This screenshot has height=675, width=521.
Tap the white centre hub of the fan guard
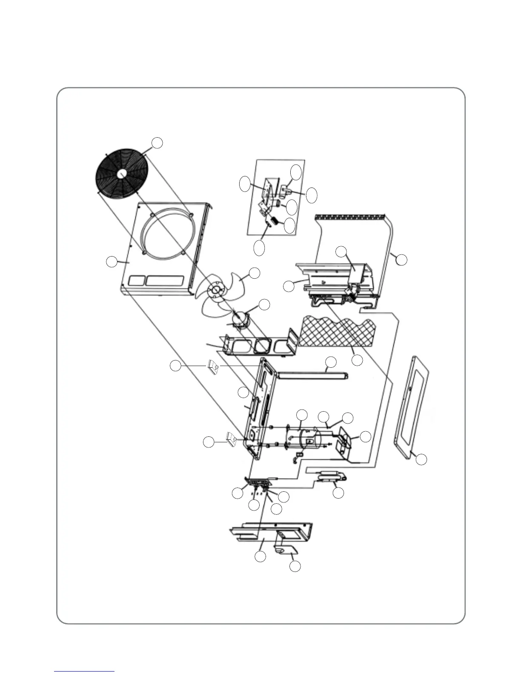tap(121, 173)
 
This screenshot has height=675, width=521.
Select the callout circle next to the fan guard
tap(157, 143)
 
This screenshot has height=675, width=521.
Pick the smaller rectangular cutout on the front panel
tap(136, 281)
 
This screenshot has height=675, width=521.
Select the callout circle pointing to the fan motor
tap(264, 304)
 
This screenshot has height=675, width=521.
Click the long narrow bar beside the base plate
tap(313, 375)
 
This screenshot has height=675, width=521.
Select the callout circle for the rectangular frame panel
tap(421, 459)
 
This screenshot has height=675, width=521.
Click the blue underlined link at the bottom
tap(84, 671)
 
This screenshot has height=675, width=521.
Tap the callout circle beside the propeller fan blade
tap(254, 274)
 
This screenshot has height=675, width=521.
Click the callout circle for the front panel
tap(112, 262)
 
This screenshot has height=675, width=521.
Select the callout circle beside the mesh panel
tap(358, 360)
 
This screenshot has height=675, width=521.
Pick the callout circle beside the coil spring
tap(289, 226)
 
